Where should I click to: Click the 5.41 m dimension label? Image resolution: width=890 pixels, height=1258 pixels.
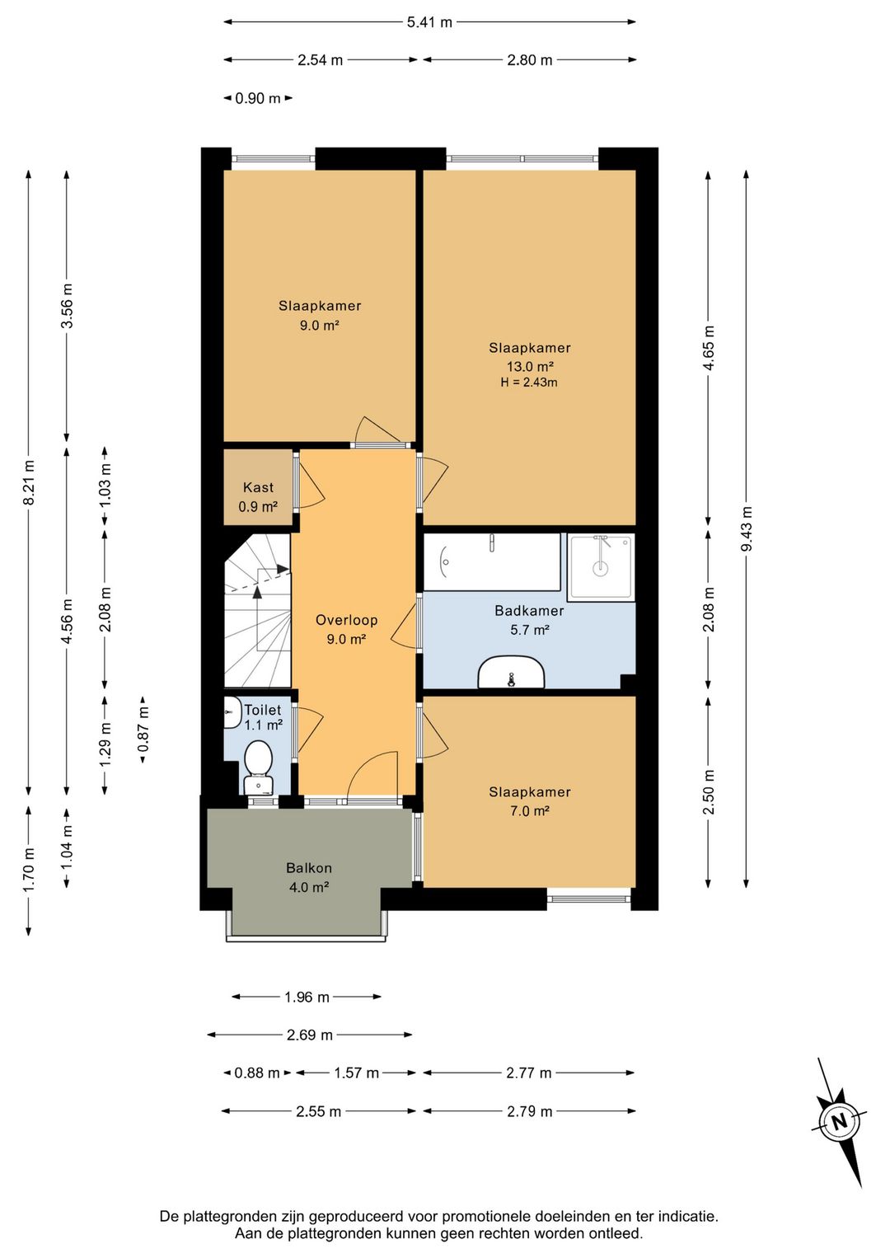(x=429, y=22)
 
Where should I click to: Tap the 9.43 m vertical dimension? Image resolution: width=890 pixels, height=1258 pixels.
(x=747, y=528)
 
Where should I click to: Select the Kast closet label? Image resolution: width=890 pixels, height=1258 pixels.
(x=258, y=487)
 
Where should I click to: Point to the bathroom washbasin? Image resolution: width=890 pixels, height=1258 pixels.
(x=511, y=672)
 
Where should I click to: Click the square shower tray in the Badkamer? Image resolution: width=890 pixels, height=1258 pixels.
(x=600, y=567)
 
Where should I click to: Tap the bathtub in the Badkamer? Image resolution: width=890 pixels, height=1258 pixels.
(x=492, y=561)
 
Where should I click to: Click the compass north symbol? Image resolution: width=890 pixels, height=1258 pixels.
(x=839, y=1123)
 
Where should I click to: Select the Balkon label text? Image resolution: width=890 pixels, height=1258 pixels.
(x=309, y=868)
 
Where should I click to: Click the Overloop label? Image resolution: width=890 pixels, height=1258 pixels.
(x=346, y=620)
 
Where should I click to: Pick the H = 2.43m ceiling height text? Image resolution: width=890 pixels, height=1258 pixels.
(x=529, y=383)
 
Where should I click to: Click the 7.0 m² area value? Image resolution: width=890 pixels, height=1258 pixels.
(x=530, y=811)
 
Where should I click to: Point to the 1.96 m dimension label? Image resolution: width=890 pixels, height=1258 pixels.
(x=307, y=997)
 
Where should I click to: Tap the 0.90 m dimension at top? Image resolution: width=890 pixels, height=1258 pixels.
(x=258, y=98)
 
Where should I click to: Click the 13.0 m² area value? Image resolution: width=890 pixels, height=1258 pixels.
(x=531, y=367)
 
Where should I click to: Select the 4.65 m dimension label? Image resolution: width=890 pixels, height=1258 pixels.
(x=710, y=348)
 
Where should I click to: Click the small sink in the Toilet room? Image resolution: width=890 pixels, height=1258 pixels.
(x=230, y=712)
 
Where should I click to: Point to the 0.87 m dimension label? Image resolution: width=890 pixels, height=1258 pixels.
(x=143, y=730)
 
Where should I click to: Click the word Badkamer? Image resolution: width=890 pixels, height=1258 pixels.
(x=529, y=611)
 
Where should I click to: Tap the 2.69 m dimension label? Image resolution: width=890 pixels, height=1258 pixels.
(x=309, y=1035)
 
